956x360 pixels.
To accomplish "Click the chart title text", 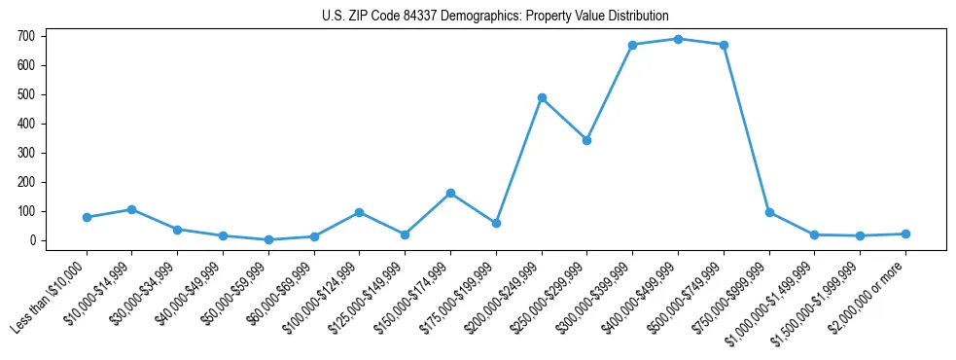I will [495, 16].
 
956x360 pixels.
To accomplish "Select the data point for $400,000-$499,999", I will [678, 39].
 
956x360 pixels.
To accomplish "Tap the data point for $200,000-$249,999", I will [542, 97].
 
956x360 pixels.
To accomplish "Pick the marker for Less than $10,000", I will [87, 217].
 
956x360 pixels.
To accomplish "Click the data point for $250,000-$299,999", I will [586, 140].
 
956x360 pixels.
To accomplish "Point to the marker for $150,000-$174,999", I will [450, 193].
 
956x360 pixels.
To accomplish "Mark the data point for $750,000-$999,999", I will [769, 212].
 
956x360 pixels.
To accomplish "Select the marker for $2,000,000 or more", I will [905, 234].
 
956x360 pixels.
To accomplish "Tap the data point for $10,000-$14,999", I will [131, 209].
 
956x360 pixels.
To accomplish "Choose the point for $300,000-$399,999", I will [632, 45].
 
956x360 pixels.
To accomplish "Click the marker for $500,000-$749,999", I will [724, 45].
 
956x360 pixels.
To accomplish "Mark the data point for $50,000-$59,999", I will [268, 239].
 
